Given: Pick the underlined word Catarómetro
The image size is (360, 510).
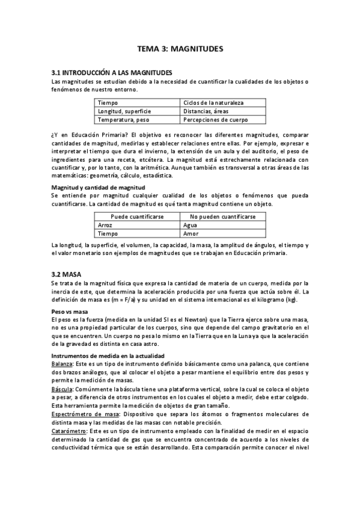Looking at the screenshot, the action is [x=69, y=431].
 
